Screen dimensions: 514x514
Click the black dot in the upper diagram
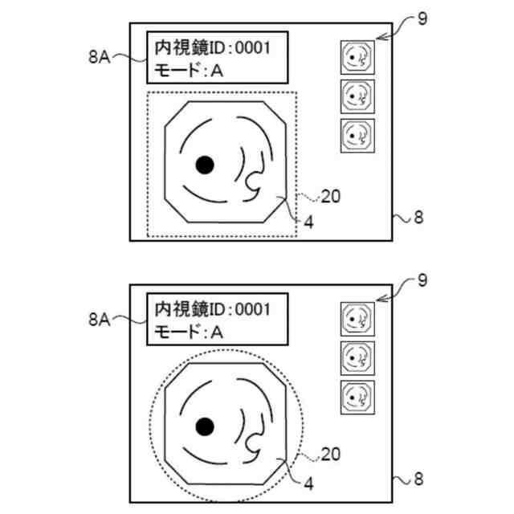point(206,165)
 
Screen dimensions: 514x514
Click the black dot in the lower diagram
point(206,425)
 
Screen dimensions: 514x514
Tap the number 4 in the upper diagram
point(308,222)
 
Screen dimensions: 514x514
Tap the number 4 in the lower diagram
point(308,483)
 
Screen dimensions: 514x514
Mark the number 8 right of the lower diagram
point(418,480)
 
